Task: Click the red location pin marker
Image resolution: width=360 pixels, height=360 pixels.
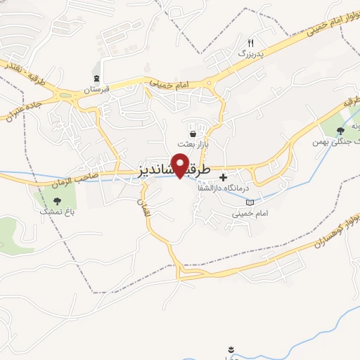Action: (181, 165)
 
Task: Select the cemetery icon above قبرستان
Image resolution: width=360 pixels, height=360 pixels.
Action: (96, 79)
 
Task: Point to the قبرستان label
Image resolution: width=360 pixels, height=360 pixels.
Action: (98, 90)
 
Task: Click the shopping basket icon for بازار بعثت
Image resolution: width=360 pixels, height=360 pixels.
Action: (193, 133)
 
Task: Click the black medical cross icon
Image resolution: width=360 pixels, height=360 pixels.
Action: (224, 177)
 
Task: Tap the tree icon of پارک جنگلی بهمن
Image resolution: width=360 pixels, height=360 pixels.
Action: (341, 130)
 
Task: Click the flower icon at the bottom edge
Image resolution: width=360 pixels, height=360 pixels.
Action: (231, 349)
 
